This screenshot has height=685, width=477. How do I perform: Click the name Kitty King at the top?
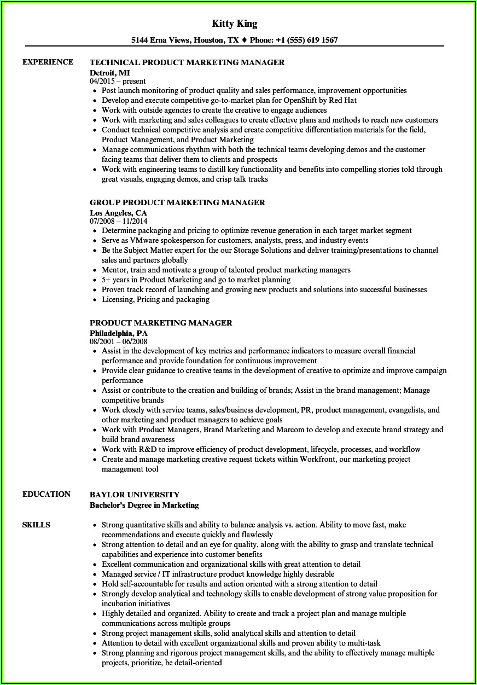pyautogui.click(x=234, y=24)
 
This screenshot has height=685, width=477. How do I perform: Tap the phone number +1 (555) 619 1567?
pyautogui.click(x=307, y=40)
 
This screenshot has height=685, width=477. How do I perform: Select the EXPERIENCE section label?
pyautogui.click(x=48, y=62)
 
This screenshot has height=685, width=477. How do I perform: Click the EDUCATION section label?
pyautogui.click(x=46, y=494)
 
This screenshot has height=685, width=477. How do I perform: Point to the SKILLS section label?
pyautogui.click(x=36, y=525)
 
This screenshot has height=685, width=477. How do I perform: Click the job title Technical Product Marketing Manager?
pyautogui.click(x=187, y=62)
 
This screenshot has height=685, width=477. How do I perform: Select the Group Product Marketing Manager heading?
pyautogui.click(x=177, y=202)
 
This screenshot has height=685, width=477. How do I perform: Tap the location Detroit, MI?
pyautogui.click(x=109, y=72)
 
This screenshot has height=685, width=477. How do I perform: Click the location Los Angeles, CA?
pyautogui.click(x=118, y=212)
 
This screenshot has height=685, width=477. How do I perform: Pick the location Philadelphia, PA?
pyautogui.click(x=119, y=333)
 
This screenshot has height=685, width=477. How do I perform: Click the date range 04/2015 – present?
pyautogui.click(x=118, y=81)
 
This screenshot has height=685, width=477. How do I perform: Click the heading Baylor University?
pyautogui.click(x=135, y=495)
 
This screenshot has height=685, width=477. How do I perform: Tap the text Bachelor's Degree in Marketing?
pyautogui.click(x=144, y=504)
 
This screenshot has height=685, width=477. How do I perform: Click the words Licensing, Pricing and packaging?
pyautogui.click(x=155, y=299)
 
